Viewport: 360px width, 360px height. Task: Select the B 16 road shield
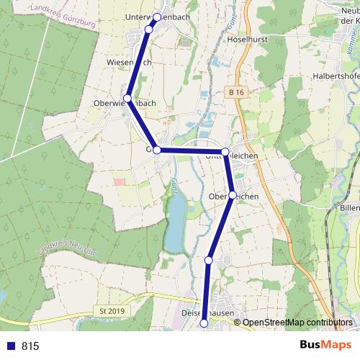click(x=233, y=92)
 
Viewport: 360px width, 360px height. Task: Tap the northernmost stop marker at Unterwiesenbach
click(x=157, y=16)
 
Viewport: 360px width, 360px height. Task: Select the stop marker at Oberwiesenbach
click(x=127, y=98)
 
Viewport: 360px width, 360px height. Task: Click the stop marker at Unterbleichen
click(x=225, y=152)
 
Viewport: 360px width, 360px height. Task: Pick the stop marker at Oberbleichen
click(x=233, y=195)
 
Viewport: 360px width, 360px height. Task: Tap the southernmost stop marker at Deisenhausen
click(x=204, y=323)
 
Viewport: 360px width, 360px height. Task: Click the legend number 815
click(x=30, y=346)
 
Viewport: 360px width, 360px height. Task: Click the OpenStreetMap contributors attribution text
click(x=297, y=323)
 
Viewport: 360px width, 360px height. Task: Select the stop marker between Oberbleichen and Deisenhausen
click(x=209, y=260)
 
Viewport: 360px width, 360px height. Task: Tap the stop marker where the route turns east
click(x=157, y=150)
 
